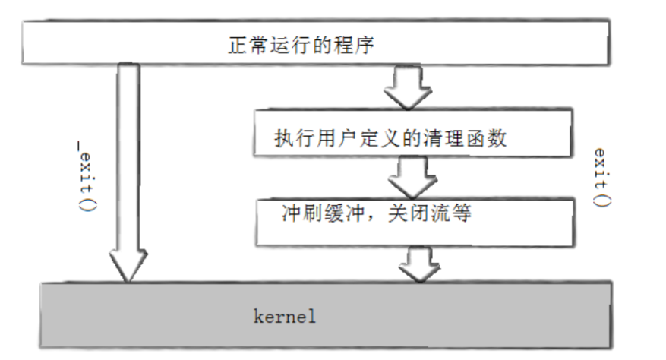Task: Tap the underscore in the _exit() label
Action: coord(87,141)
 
